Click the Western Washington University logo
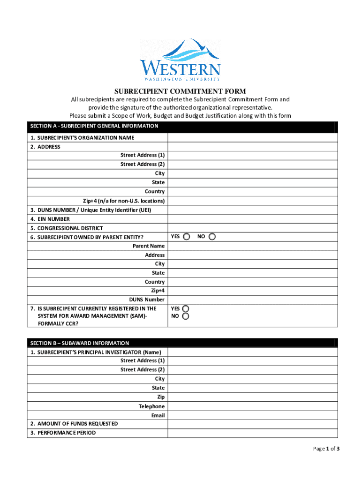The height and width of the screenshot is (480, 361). pos(180,60)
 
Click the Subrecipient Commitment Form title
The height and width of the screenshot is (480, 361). pos(180,91)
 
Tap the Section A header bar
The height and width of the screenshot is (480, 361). pos(182,127)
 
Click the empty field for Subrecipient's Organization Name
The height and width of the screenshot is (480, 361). pos(252,138)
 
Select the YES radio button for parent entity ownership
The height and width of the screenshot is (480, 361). pos(187,237)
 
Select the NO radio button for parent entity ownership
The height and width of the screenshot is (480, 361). pos(212,237)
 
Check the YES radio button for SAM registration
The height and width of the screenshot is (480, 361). pos(186,309)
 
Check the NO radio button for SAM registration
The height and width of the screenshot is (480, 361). pos(186,316)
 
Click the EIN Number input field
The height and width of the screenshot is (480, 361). pos(252,219)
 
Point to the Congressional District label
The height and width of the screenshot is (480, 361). pos(70,228)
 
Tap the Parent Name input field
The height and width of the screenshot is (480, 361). pos(252,246)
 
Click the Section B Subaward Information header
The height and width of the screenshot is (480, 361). pos(182,343)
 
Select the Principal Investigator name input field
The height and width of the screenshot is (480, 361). pos(252,352)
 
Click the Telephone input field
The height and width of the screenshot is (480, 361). pos(252,406)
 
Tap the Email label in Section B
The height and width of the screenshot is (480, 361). pos(158,415)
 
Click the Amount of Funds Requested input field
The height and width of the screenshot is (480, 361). pos(252,424)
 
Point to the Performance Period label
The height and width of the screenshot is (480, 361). pos(67,433)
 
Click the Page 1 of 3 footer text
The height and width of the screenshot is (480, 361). pos(326,449)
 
